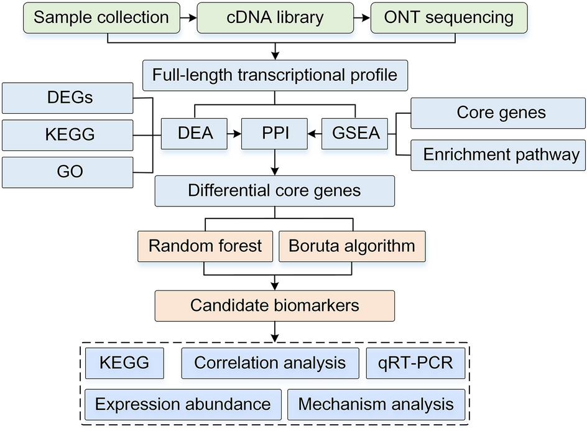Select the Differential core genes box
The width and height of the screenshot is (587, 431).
coord(274,191)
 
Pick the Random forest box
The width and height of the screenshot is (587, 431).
coord(205,245)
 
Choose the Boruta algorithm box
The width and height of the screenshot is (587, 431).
coord(352,245)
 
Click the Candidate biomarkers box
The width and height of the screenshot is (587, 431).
coord(274,305)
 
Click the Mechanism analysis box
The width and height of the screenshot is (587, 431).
coord(376,405)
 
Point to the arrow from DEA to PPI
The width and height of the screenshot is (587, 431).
coord(234,134)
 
